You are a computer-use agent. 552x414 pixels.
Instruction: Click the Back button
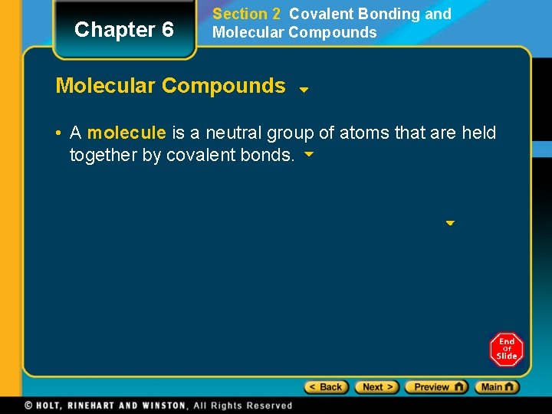pyautogui.click(x=327, y=387)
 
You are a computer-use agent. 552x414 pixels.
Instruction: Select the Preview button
pyautogui.click(x=436, y=387)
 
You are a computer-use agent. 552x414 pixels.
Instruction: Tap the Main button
pyautogui.click(x=497, y=387)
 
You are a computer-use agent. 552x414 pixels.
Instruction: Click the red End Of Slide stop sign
pyautogui.click(x=506, y=350)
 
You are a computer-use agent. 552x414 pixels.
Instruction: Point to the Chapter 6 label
pyautogui.click(x=124, y=30)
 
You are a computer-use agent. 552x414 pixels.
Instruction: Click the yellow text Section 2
pyautogui.click(x=246, y=14)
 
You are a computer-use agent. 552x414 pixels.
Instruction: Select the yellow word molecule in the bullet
pyautogui.click(x=127, y=133)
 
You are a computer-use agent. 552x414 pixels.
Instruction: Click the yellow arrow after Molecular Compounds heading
pyautogui.click(x=304, y=89)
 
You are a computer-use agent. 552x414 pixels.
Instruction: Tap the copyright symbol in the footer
pyautogui.click(x=28, y=406)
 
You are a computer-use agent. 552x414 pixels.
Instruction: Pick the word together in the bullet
pyautogui.click(x=103, y=155)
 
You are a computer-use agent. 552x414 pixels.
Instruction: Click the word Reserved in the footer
pyautogui.click(x=268, y=406)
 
